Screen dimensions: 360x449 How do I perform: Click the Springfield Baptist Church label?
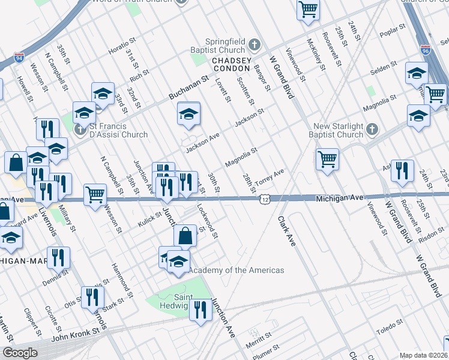click(x=218, y=44)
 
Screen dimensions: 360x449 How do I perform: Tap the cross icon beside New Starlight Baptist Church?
click(x=372, y=129)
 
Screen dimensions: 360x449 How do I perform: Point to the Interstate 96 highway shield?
click(x=426, y=51)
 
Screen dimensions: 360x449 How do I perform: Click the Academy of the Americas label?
click(x=237, y=270)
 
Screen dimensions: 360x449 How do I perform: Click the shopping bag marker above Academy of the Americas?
click(x=185, y=236)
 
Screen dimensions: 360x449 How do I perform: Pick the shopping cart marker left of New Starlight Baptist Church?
click(x=327, y=160)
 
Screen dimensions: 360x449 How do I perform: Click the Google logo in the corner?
click(x=19, y=353)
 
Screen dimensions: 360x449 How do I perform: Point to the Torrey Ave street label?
click(x=270, y=178)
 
